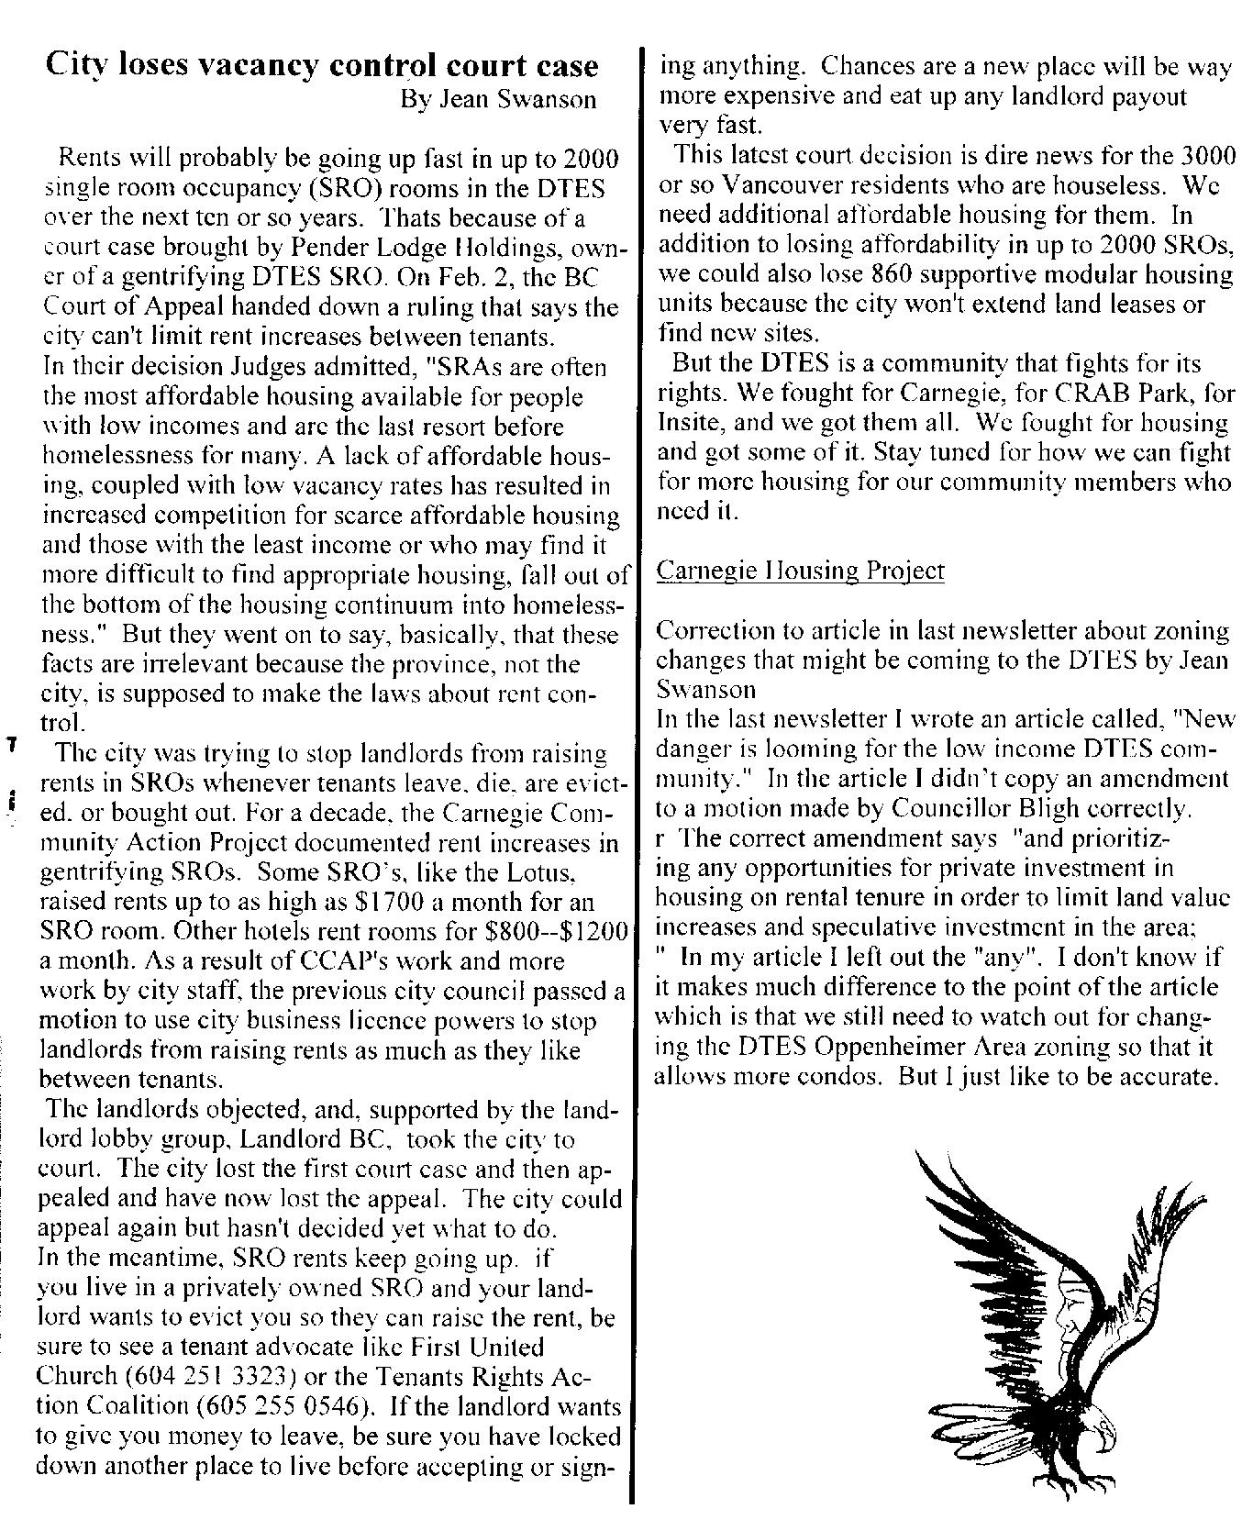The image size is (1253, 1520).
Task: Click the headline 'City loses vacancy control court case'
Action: (322, 66)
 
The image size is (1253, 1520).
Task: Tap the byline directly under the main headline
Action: (498, 99)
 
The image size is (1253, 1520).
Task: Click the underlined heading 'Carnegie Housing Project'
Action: (801, 571)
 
